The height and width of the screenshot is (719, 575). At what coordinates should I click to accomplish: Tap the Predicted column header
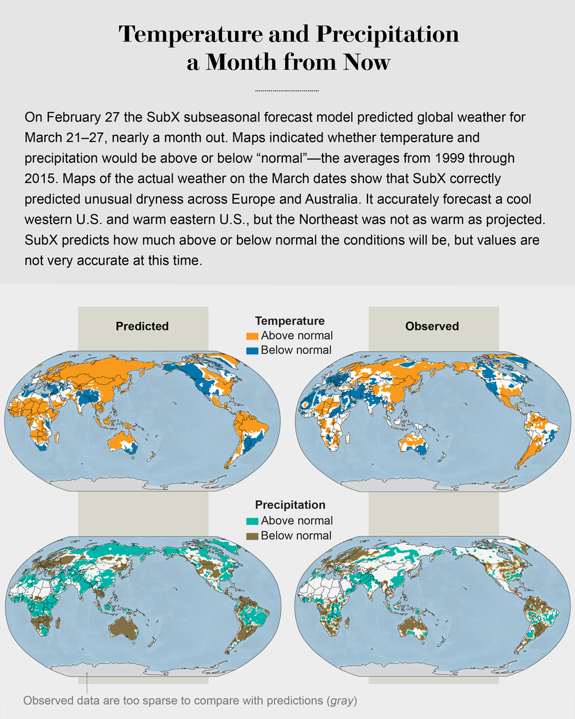click(x=142, y=326)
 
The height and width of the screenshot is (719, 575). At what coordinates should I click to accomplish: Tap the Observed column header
click(x=432, y=326)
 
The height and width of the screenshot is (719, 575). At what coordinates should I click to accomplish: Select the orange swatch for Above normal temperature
click(x=252, y=336)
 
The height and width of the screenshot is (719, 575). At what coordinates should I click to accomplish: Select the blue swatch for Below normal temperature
click(x=252, y=351)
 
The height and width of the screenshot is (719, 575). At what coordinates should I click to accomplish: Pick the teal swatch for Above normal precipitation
click(x=252, y=521)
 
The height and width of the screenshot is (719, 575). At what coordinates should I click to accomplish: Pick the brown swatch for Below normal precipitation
click(x=252, y=536)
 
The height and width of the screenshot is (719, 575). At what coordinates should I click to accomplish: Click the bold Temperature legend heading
click(x=290, y=321)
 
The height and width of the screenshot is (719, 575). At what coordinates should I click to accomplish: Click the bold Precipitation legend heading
click(x=290, y=505)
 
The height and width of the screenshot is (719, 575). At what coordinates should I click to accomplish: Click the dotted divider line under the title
click(x=286, y=91)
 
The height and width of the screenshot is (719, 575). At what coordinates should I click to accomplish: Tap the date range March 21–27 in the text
click(x=64, y=138)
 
